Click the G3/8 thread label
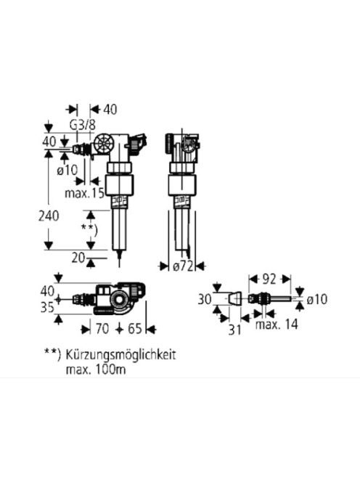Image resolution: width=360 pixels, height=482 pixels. (83, 125)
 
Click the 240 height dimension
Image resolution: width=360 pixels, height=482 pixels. (49, 216)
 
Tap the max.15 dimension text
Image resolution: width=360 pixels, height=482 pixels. (84, 193)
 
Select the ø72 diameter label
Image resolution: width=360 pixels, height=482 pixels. (183, 266)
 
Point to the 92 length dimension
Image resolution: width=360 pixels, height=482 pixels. (269, 279)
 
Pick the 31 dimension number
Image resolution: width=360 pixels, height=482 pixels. (235, 330)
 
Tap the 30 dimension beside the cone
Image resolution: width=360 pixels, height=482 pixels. (205, 299)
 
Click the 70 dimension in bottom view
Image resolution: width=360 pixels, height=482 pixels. (102, 329)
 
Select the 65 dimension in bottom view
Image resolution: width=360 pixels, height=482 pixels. (135, 329)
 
